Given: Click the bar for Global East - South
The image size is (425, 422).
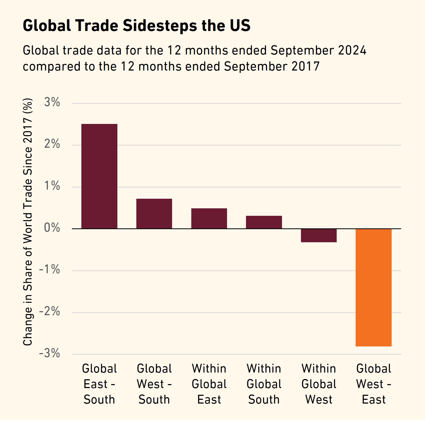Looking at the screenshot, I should click(x=99, y=176).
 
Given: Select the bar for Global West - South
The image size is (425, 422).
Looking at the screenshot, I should click(x=154, y=214).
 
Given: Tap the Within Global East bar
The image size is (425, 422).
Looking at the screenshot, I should click(x=209, y=218).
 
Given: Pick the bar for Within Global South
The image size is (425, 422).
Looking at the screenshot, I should click(x=264, y=222).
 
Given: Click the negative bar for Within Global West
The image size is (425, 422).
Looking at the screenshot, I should click(x=319, y=236).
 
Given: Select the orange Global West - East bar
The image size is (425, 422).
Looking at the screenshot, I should click(x=374, y=287).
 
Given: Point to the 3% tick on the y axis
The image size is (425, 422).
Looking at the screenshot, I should click(x=52, y=103).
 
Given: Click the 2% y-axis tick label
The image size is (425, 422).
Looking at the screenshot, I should click(x=52, y=144).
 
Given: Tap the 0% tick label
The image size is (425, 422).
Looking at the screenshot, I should click(x=52, y=228).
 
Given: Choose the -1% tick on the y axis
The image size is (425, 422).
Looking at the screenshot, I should click(x=50, y=270).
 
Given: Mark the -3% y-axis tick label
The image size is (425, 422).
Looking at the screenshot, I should click(x=50, y=353).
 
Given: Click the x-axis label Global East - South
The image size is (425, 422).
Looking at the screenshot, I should click(x=99, y=384).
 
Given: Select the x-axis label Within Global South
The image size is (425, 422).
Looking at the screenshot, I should click(x=264, y=384).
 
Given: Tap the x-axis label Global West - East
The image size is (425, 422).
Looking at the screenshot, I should click(x=374, y=384).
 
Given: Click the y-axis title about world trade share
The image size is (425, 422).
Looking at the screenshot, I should click(x=28, y=222).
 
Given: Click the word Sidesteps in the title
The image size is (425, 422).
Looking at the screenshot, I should click(x=160, y=26).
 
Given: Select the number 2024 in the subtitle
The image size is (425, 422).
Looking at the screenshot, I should click(x=352, y=50).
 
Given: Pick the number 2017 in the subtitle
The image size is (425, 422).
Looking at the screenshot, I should click(x=305, y=67).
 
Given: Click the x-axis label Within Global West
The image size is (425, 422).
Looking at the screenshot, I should click(x=319, y=384).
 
